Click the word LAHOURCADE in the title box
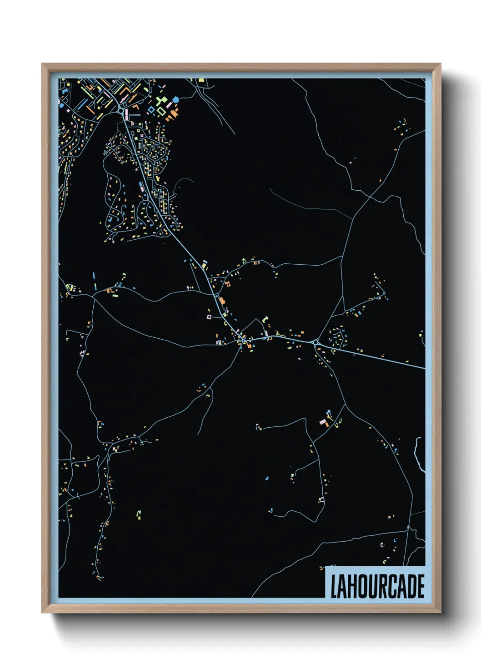point(377,586)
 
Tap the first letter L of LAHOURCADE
point(333,587)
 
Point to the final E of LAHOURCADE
point(421,587)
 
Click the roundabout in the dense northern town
point(120,111)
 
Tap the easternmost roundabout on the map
point(315,342)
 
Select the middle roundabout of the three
point(244,340)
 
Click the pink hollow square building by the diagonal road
point(209,316)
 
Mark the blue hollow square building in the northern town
point(151,109)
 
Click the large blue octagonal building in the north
point(176,99)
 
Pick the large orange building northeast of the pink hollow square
point(222,301)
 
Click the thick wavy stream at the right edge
point(417,454)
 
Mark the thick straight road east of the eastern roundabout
point(373,356)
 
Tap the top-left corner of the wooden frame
point(43,64)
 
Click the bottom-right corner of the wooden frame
point(440,612)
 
